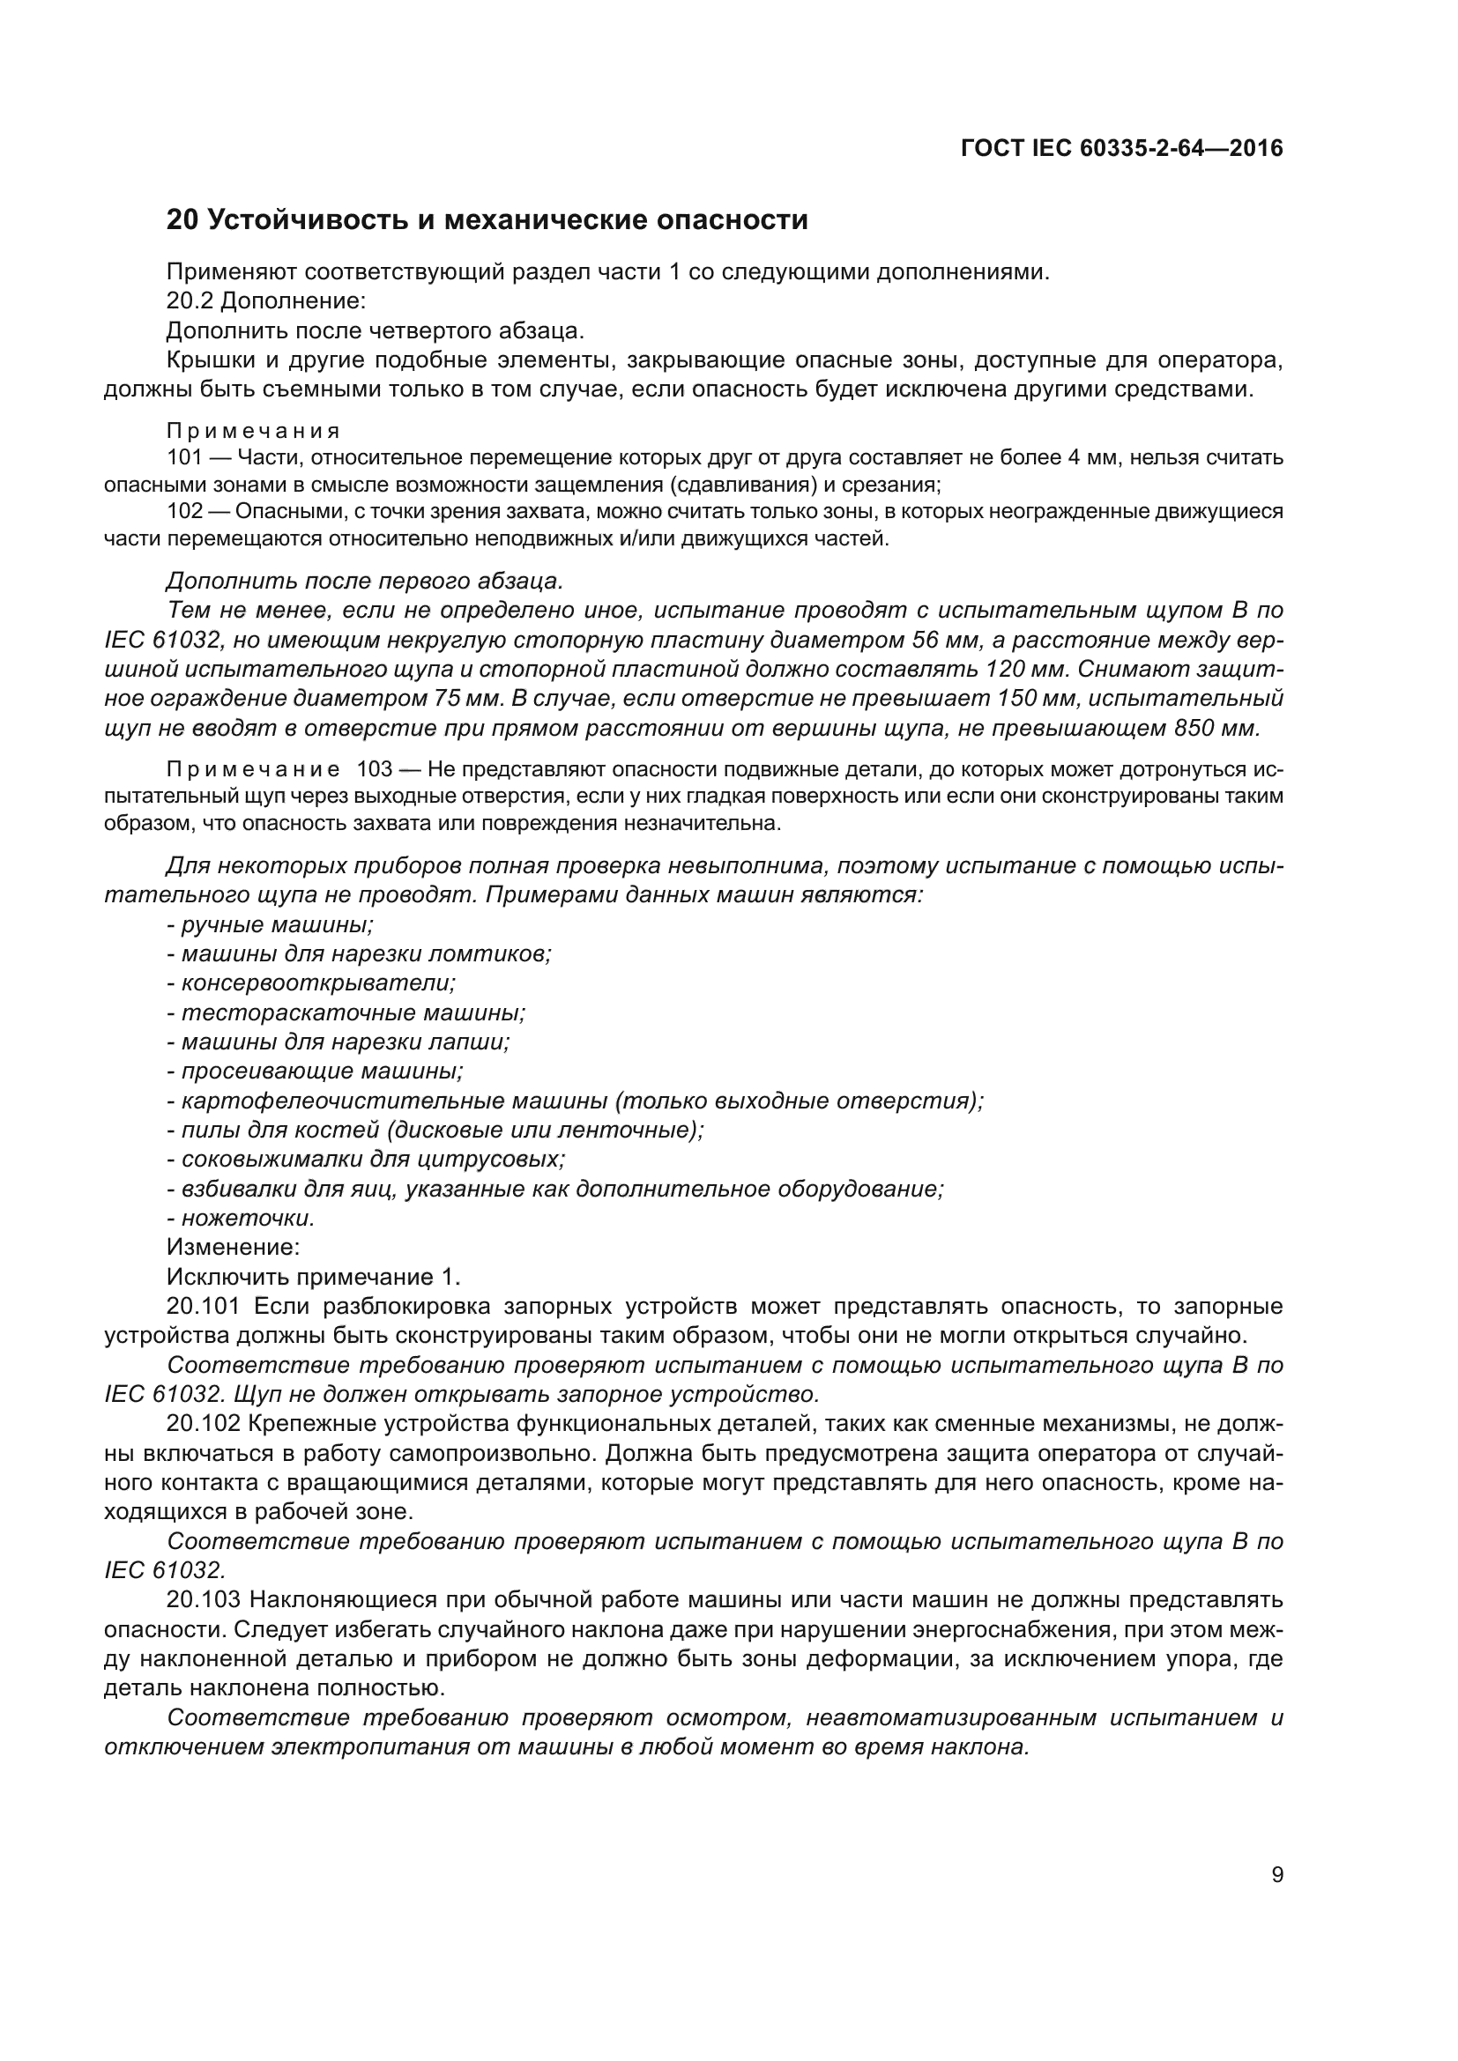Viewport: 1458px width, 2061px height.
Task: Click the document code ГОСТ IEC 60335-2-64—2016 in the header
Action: point(1121,148)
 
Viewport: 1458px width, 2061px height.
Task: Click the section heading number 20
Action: point(182,220)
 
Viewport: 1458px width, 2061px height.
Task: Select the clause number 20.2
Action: point(190,300)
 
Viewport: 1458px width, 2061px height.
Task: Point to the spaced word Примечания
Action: point(253,431)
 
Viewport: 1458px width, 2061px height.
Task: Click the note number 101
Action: point(186,458)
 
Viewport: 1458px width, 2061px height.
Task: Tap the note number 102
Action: point(186,512)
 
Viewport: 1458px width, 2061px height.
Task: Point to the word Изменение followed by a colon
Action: point(233,1247)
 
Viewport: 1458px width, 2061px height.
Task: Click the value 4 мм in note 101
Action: point(1091,458)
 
